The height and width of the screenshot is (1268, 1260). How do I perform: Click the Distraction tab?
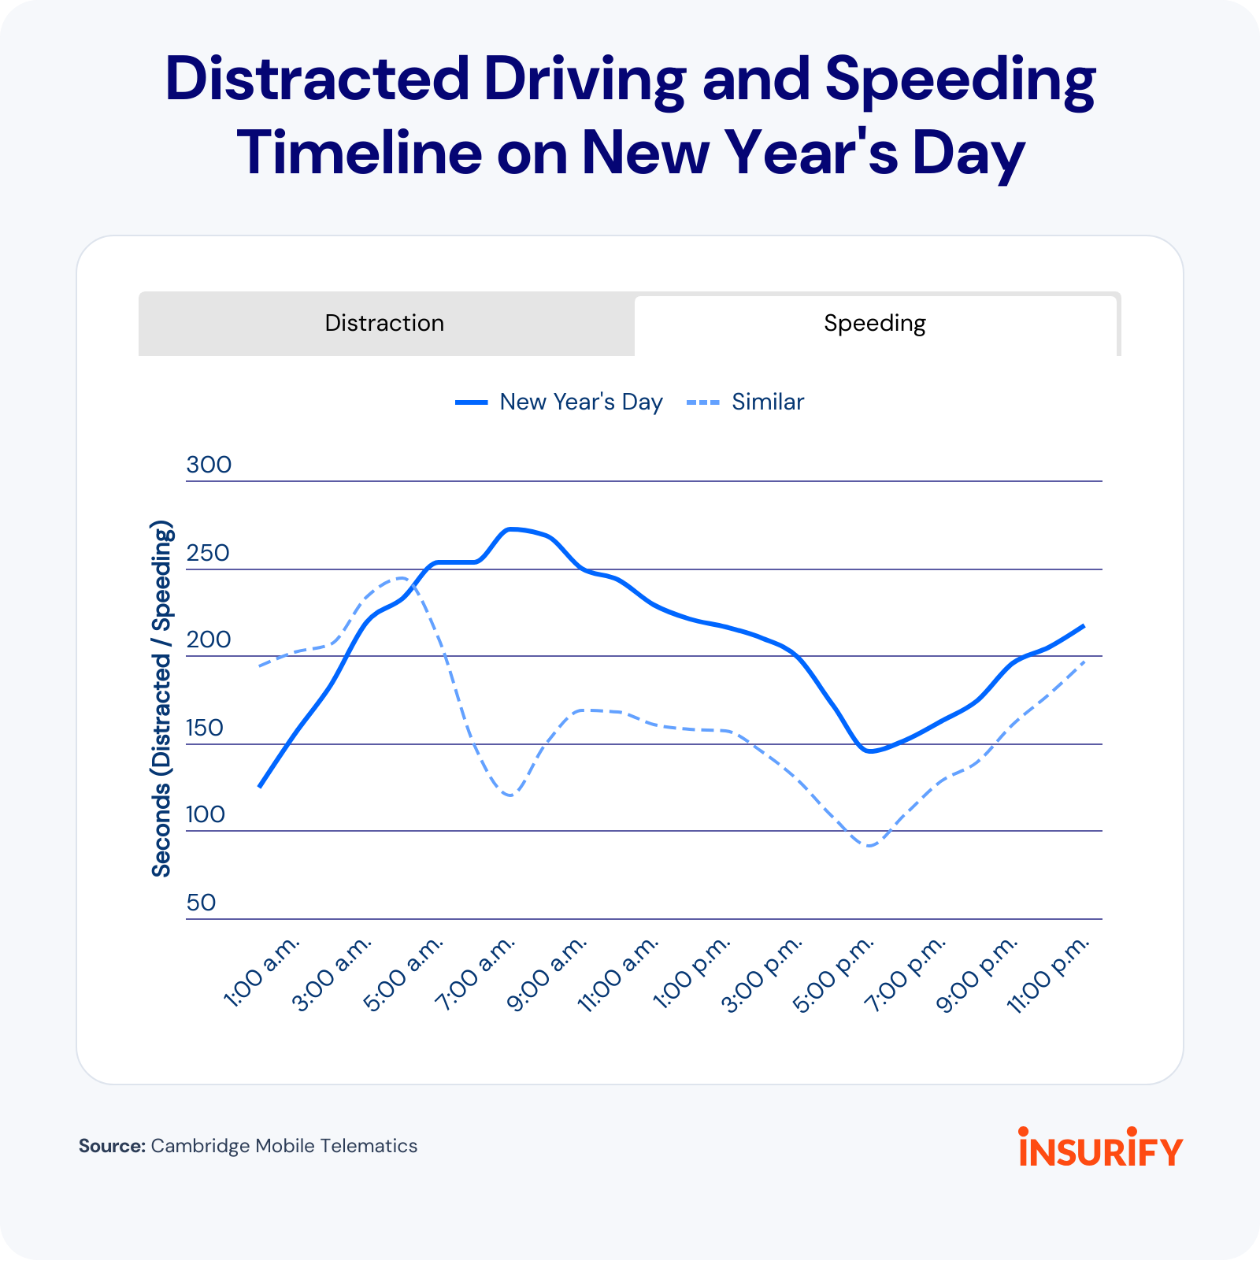385,323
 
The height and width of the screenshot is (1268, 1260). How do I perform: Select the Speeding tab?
874,323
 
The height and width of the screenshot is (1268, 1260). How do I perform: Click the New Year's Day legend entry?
560,402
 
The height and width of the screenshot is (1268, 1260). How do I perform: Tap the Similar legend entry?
747,402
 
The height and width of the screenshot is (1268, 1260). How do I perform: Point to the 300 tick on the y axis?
209,465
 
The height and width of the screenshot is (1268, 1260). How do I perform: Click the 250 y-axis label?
208,553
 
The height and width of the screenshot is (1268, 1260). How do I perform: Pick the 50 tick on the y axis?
201,903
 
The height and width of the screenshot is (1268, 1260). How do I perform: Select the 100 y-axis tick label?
206,814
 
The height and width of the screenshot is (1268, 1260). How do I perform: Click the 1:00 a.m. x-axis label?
262,973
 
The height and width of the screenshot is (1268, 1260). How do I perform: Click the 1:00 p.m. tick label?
692,973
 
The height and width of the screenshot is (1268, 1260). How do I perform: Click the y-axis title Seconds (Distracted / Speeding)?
161,699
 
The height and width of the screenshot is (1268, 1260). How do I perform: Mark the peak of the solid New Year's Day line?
513,528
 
